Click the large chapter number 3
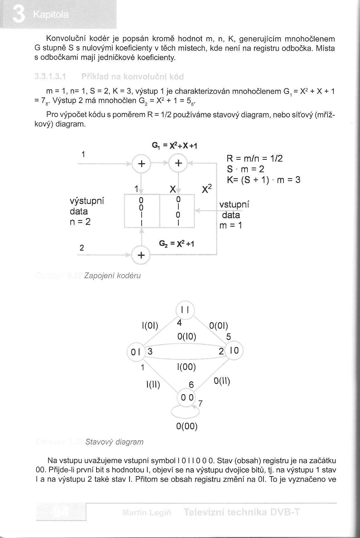click(19, 15)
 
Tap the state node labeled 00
click(186, 397)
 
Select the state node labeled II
click(185, 310)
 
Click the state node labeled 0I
click(136, 352)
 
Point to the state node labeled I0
click(234, 350)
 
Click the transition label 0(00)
click(187, 426)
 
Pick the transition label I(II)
click(153, 384)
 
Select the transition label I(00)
click(186, 367)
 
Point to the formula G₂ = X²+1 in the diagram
click(177, 244)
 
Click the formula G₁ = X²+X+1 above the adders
click(175, 146)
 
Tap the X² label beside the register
click(207, 189)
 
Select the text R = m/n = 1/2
click(255, 158)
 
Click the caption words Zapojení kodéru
click(112, 276)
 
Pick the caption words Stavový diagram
click(114, 442)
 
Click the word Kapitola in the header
click(51, 15)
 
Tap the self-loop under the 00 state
click(185, 412)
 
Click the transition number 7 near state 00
click(200, 404)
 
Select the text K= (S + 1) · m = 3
click(264, 180)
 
